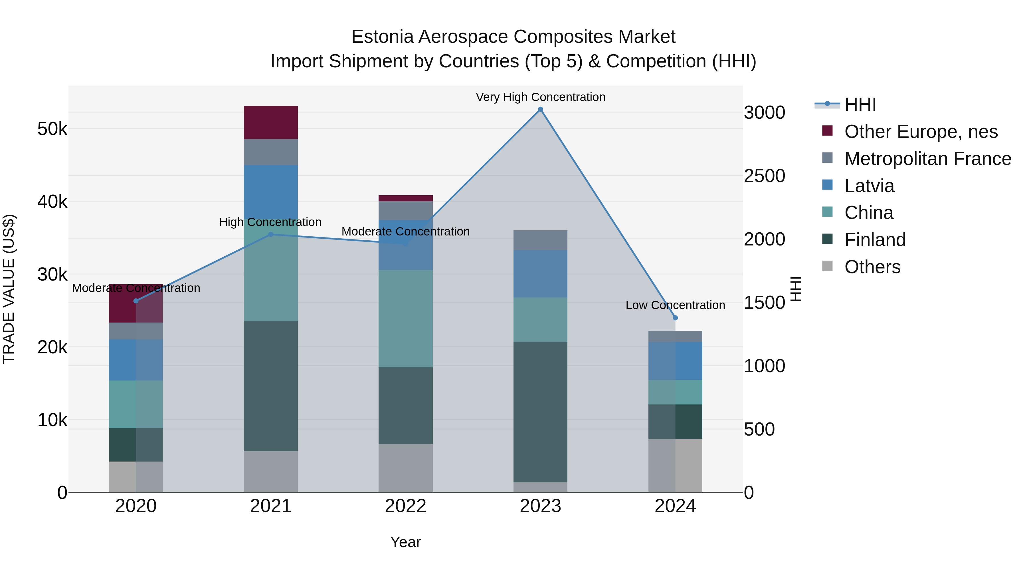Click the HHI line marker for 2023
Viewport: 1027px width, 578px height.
click(540, 109)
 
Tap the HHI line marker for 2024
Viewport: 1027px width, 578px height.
click(675, 318)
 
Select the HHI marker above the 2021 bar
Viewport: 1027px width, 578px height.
click(271, 235)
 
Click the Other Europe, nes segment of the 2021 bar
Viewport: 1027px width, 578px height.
click(271, 122)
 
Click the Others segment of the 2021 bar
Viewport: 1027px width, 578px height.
click(271, 472)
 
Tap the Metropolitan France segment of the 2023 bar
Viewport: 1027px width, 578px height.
click(540, 240)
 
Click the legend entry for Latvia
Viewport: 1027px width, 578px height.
click(869, 186)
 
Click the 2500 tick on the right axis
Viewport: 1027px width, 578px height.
click(764, 176)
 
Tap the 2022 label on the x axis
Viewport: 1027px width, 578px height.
click(405, 506)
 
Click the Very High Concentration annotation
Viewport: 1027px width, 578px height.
click(540, 97)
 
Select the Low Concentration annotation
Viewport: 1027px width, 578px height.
click(675, 305)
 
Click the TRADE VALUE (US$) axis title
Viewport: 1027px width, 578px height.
click(9, 289)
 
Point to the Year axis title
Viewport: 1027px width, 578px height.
click(405, 542)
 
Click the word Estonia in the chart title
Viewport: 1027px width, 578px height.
click(382, 37)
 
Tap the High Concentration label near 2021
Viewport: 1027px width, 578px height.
click(270, 222)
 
